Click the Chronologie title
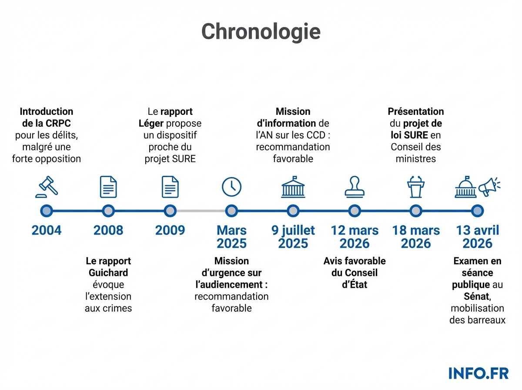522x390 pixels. (261, 31)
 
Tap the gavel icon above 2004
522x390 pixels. (47, 187)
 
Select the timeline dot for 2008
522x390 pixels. (108, 211)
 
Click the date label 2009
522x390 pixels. (170, 230)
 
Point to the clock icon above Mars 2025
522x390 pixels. (231, 187)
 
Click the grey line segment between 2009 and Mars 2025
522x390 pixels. (201, 211)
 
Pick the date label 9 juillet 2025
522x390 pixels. (293, 237)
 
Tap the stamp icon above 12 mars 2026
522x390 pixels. (355, 187)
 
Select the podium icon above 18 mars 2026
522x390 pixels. (416, 187)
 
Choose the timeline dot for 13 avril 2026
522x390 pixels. (478, 211)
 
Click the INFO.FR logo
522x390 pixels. (478, 373)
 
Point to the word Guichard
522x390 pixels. (108, 273)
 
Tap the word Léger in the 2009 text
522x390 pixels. (151, 124)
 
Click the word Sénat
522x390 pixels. (475, 297)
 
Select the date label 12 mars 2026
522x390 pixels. (355, 237)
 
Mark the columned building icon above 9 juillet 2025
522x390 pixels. (293, 187)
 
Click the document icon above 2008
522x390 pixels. (108, 187)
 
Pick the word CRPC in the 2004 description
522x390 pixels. (58, 124)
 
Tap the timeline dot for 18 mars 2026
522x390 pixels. (416, 211)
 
